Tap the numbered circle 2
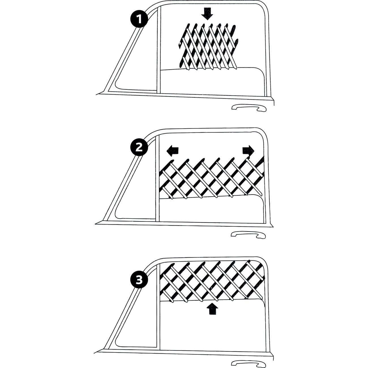[x=139, y=147]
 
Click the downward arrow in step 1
[x=207, y=14]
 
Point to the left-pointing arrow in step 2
[x=172, y=151]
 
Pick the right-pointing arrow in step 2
[x=248, y=151]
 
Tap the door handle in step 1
[x=249, y=108]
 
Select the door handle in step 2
[x=248, y=235]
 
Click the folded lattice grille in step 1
[x=208, y=47]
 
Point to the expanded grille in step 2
[x=211, y=177]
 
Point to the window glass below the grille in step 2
[x=211, y=210]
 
